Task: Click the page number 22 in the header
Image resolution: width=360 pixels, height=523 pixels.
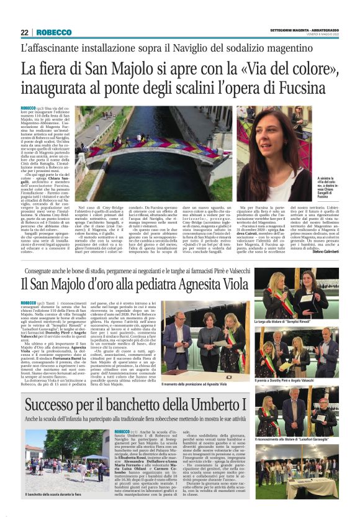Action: point(25,32)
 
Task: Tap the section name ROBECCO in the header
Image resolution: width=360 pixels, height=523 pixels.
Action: point(54,32)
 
